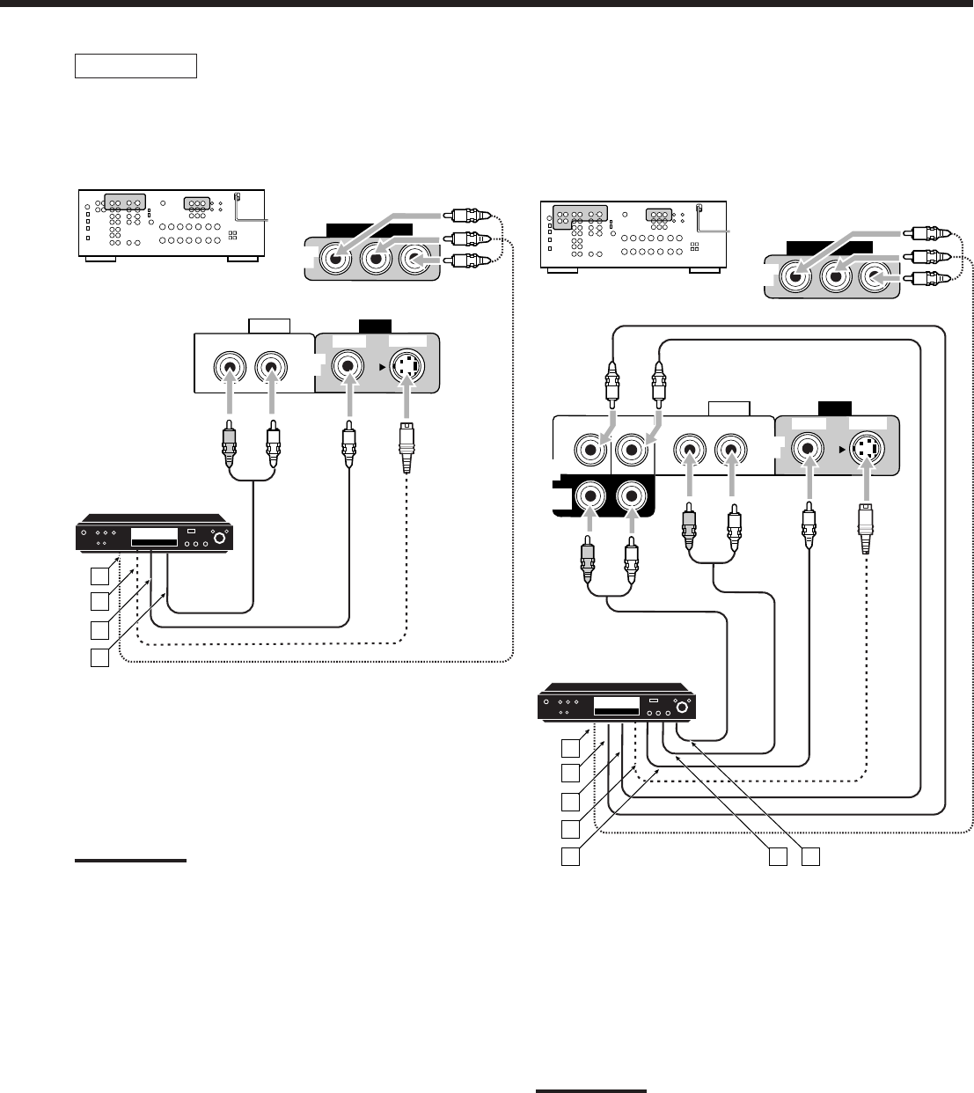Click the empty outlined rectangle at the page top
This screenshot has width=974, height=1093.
[135, 66]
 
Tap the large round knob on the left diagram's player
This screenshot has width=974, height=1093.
[213, 536]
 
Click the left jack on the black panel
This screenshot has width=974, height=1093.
[588, 497]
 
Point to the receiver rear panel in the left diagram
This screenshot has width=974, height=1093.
[172, 224]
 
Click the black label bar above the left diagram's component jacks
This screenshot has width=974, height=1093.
[369, 230]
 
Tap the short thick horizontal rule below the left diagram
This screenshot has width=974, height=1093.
[130, 861]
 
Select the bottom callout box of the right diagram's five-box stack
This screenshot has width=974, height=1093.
[572, 856]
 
